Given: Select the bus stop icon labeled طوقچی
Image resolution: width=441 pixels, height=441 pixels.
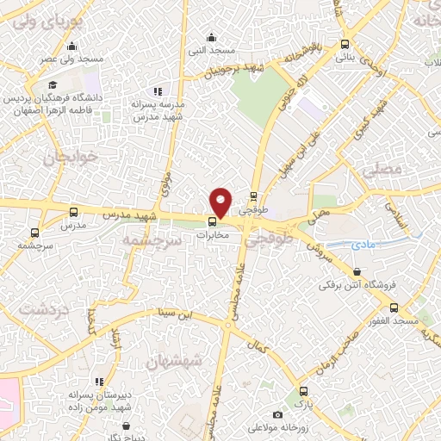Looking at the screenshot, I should [x=253, y=195].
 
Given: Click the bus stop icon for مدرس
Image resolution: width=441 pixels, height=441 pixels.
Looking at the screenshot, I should [x=72, y=211].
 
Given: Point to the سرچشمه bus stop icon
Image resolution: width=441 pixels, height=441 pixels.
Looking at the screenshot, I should [x=34, y=232].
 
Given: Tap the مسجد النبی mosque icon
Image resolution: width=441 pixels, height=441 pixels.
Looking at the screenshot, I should [x=212, y=36].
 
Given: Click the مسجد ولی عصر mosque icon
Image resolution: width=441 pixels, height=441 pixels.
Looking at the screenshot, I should [x=71, y=47].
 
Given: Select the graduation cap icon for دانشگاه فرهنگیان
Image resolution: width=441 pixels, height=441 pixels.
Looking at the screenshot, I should [x=53, y=84].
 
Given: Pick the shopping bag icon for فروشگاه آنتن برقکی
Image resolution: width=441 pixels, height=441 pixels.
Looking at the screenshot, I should [x=371, y=283].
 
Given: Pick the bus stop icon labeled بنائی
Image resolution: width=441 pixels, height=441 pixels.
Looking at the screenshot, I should [x=345, y=44].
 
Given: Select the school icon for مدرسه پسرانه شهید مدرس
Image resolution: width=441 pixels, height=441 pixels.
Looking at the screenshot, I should [x=157, y=90].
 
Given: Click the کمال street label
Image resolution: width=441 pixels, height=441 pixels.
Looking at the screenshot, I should [x=257, y=344].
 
